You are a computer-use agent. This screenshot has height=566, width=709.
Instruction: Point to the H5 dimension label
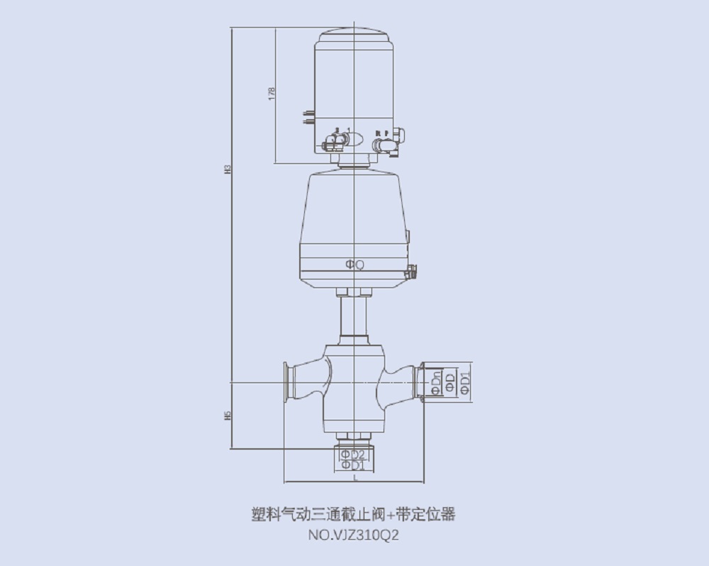coord(228,416)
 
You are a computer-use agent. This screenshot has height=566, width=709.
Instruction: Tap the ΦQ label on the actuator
coord(354,265)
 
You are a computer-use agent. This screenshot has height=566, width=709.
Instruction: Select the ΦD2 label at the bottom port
coord(352,454)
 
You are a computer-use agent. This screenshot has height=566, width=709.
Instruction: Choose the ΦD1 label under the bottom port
coord(352,466)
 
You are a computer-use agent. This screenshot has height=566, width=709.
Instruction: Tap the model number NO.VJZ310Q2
coord(354,536)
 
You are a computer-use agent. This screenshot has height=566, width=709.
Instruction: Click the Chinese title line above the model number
coord(354,514)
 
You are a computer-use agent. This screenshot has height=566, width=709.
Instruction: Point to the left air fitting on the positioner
coord(333,143)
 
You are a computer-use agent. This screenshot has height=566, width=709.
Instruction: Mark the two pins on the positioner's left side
coord(308,116)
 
